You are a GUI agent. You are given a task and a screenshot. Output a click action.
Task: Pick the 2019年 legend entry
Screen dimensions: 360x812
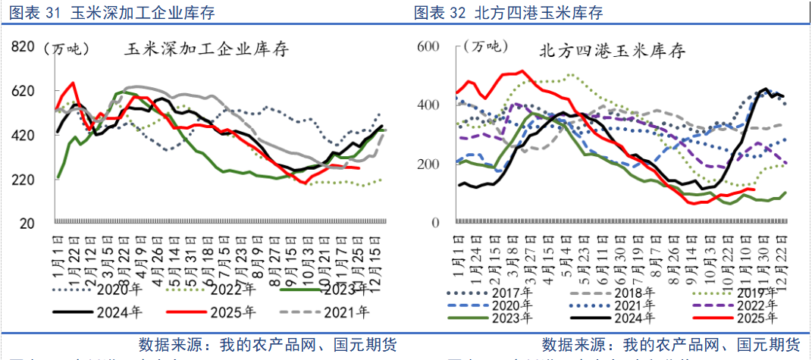(742, 291)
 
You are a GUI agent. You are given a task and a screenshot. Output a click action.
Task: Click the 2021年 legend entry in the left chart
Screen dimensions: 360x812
(345, 311)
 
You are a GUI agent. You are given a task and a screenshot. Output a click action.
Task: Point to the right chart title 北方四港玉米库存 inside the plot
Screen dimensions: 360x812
(612, 52)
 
